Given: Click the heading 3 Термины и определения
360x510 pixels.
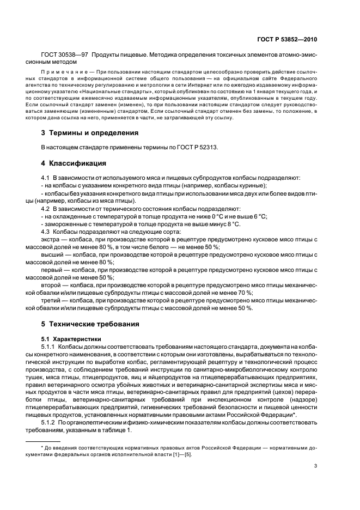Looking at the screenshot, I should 90,132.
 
